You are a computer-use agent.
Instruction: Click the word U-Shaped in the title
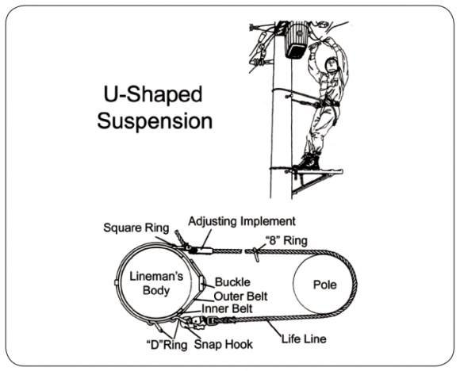coord(153,95)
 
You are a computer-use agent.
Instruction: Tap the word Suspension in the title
coord(155,121)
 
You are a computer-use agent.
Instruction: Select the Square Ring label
coord(136,228)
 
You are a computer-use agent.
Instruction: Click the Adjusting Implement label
coord(242,221)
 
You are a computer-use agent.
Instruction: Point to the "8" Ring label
coord(286,240)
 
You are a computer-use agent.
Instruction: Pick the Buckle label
coord(232,282)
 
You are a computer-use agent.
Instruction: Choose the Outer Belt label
coord(240,296)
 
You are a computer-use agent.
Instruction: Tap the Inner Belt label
coord(227,308)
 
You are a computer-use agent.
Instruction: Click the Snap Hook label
coord(223,344)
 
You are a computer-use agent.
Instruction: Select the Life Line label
coord(304,339)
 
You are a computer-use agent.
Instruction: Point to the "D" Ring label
coord(167,345)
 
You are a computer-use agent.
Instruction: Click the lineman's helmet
coord(332,64)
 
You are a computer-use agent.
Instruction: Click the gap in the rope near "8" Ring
coord(243,251)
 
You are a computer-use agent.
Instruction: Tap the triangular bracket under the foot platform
coord(312,182)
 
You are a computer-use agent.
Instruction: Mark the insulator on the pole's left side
coord(260,62)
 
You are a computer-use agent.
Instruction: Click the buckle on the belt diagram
coord(203,283)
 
